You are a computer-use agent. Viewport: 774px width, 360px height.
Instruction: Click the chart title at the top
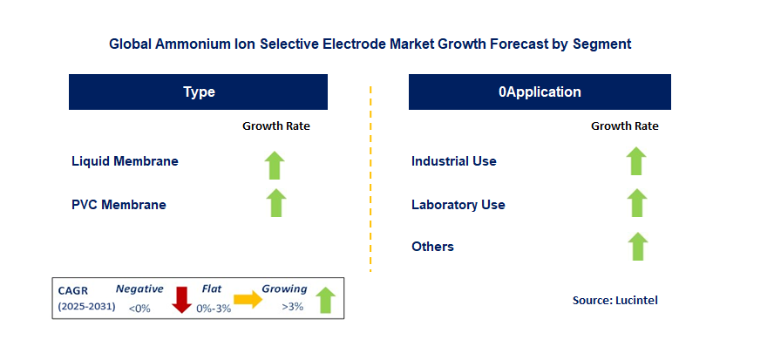[x=370, y=43]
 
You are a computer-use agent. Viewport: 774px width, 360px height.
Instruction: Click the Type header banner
[x=199, y=92]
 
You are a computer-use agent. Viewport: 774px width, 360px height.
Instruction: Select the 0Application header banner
[x=540, y=92]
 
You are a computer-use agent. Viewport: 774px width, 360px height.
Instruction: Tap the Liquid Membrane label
[x=125, y=161]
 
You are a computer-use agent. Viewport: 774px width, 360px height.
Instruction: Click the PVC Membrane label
[x=119, y=205]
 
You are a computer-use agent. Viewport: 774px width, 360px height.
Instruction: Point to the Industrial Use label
[x=453, y=161]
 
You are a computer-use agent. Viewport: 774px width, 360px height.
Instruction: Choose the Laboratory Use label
[x=458, y=205]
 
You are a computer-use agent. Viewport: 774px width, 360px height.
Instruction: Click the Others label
[x=432, y=247]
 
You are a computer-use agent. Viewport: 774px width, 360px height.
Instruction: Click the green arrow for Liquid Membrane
[x=275, y=163]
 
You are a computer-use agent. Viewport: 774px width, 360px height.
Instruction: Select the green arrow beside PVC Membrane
[x=275, y=203]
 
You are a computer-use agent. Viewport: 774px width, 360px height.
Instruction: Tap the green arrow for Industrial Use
[x=636, y=161]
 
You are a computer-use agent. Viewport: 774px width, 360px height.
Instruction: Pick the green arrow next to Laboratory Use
[x=636, y=203]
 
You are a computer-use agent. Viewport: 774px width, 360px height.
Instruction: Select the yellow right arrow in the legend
[x=248, y=300]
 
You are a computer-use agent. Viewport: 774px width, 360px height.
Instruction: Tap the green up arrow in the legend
[x=325, y=299]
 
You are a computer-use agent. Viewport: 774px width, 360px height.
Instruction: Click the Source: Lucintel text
[x=614, y=300]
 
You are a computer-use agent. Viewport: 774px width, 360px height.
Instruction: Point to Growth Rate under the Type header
[x=275, y=126]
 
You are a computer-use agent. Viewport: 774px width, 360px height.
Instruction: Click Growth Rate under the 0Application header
[x=624, y=126]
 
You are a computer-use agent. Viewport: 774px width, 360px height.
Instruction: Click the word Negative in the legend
[x=139, y=289]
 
